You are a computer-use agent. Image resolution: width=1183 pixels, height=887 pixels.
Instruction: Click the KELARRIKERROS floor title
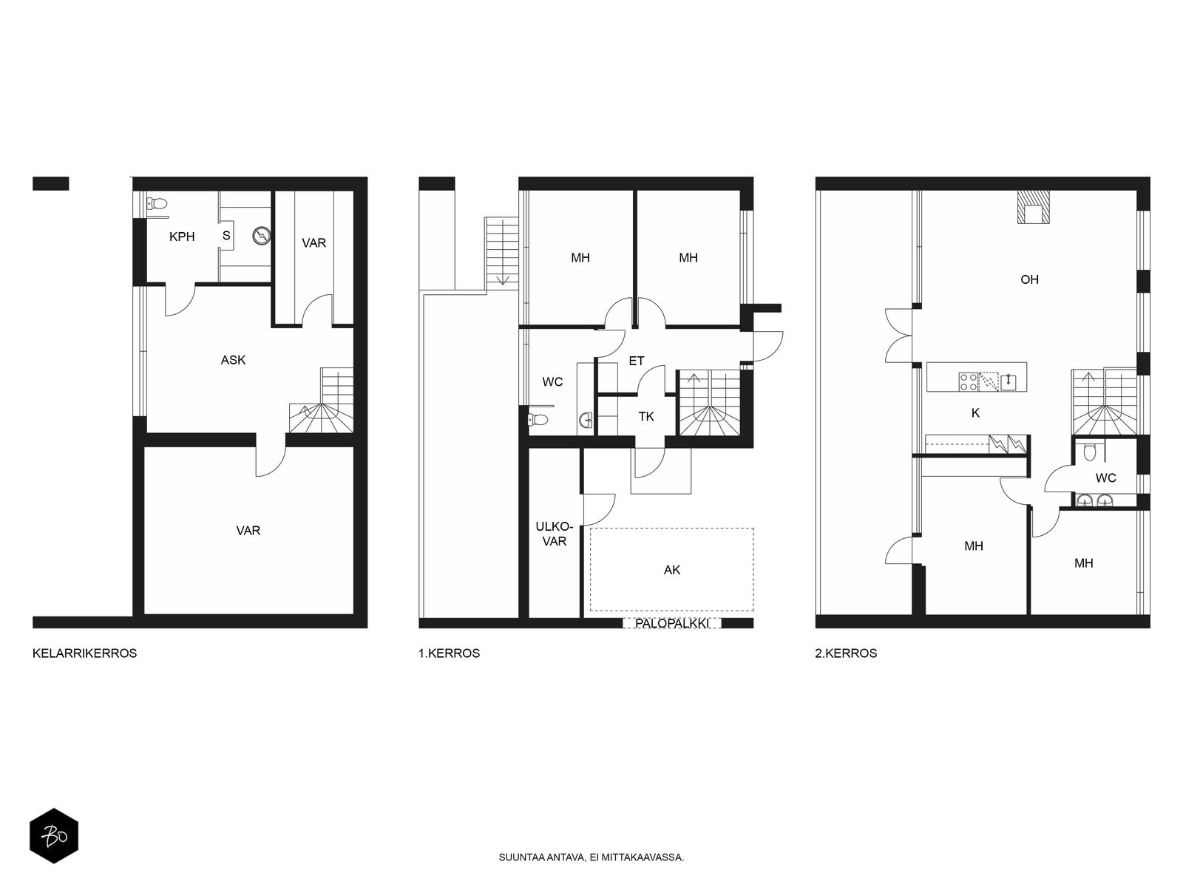coord(84,653)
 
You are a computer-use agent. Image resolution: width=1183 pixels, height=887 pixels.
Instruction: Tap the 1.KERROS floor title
coord(449,653)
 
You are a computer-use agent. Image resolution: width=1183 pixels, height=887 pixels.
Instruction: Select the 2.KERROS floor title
coord(846,653)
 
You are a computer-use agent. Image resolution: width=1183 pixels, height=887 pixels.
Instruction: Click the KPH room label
coord(182,237)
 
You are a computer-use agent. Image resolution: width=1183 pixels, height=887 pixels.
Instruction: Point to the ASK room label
coord(233,360)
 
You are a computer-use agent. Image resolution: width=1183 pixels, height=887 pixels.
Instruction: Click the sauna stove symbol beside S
coord(262,236)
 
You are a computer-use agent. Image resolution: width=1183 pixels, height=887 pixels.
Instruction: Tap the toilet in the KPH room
coord(157,203)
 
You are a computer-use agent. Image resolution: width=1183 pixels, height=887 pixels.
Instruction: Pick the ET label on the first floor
coord(637,361)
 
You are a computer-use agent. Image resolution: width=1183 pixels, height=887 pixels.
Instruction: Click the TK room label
coord(646,416)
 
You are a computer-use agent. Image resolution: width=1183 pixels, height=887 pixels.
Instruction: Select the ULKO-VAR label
coord(554,534)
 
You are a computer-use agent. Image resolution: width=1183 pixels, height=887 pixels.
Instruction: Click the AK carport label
coord(672,570)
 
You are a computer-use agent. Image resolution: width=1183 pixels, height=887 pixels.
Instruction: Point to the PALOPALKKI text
coord(671,623)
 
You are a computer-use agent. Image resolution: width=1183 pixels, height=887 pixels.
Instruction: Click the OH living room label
coord(1029,279)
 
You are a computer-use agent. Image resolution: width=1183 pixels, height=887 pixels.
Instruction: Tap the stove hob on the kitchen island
coord(968,381)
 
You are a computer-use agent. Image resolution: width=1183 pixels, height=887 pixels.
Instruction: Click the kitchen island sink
coord(1007,381)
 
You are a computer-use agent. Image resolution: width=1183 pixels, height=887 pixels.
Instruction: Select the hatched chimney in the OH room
coord(1034,207)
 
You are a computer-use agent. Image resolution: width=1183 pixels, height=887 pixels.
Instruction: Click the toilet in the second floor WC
coord(1088,452)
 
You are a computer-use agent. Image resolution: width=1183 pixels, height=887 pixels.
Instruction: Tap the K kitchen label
coord(975,413)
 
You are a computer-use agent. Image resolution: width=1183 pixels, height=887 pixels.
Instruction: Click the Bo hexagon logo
coord(54,836)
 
